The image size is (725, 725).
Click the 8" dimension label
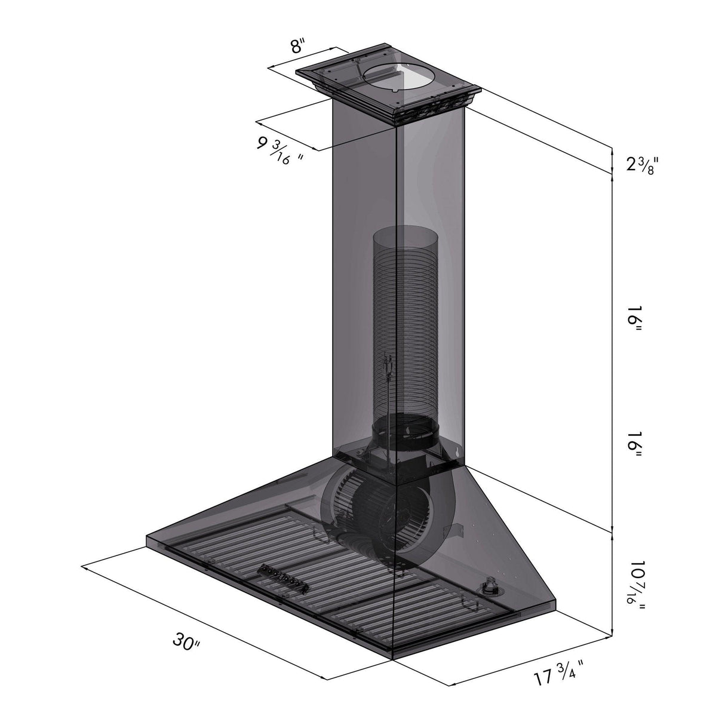[298, 47]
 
